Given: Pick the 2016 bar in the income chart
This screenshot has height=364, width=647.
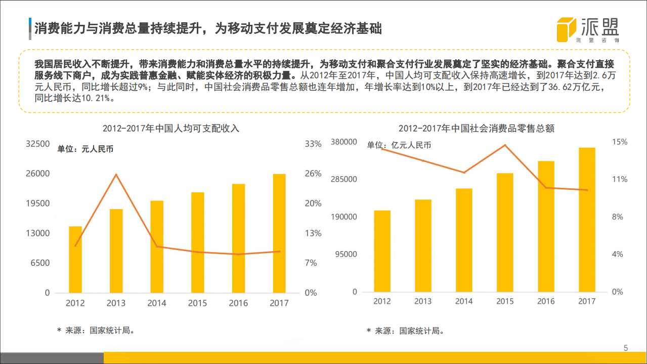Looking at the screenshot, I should (x=238, y=238).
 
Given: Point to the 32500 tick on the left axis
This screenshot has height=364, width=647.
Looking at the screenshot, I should (x=38, y=144).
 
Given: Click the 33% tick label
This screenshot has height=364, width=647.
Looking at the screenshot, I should (x=313, y=144).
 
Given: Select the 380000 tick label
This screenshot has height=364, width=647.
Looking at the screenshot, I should (x=344, y=142).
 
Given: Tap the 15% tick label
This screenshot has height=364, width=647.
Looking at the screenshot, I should (x=620, y=142).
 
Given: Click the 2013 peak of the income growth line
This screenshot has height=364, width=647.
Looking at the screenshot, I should (x=116, y=175).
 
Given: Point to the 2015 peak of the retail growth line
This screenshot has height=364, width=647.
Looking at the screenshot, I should (x=505, y=145).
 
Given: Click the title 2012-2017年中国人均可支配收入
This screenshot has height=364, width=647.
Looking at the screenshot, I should (x=171, y=129).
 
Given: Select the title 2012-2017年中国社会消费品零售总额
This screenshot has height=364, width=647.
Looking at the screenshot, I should (x=477, y=129).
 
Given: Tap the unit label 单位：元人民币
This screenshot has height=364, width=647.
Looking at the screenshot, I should (x=85, y=149).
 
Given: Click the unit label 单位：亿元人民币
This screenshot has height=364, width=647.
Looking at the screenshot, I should (x=399, y=145).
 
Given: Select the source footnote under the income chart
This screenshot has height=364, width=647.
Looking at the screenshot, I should (x=96, y=330).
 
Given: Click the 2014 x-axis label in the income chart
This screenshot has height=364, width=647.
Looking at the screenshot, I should (x=157, y=303).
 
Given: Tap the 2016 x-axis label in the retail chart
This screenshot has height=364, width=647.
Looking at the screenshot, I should (x=546, y=301).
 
